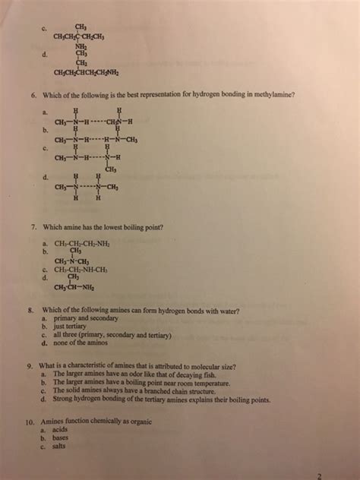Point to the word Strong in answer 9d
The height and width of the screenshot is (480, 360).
(x=63, y=397)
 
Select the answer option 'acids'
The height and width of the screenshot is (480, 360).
(x=62, y=429)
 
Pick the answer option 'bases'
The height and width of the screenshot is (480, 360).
(x=62, y=437)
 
